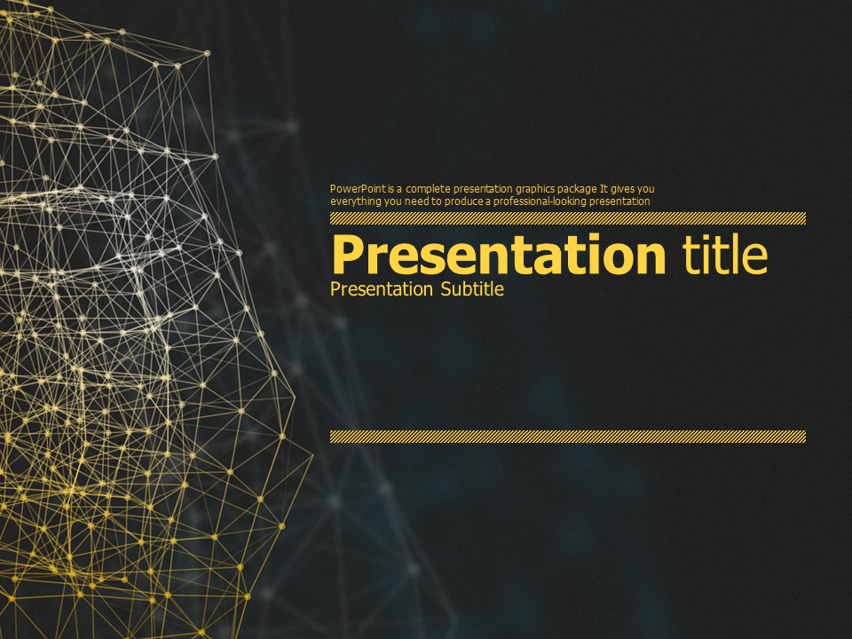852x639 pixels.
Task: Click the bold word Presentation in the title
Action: (x=498, y=256)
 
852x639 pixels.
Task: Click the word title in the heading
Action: (x=725, y=256)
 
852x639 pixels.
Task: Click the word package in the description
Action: (x=578, y=189)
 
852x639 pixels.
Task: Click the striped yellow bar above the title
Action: (x=568, y=218)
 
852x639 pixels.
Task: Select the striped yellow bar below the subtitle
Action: (x=568, y=437)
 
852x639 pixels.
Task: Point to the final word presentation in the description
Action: (x=619, y=201)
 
